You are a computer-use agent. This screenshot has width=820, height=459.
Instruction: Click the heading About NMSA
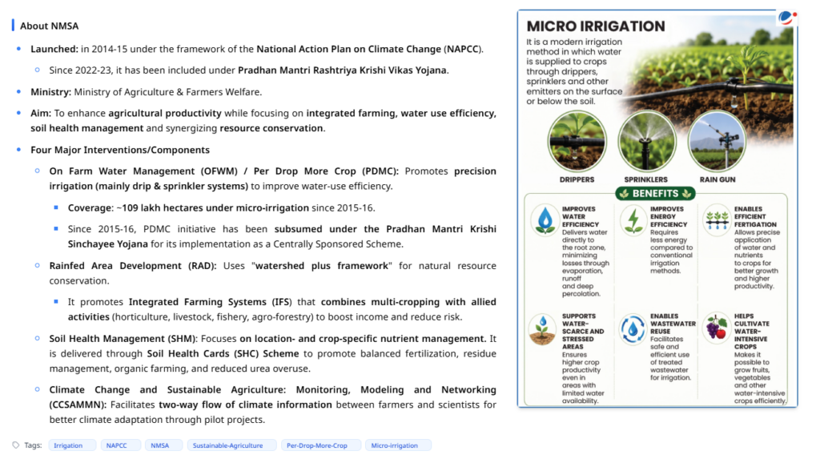pyautogui.click(x=49, y=26)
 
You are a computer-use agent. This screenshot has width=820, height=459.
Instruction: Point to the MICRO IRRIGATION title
pyautogui.click(x=596, y=26)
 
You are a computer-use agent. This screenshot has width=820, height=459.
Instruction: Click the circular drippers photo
pyautogui.click(x=577, y=141)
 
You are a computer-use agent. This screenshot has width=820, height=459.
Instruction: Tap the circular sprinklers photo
pyautogui.click(x=646, y=141)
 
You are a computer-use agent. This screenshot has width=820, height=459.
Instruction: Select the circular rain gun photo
pyautogui.click(x=717, y=141)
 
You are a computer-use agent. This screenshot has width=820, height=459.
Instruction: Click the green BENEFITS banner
pyautogui.click(x=655, y=194)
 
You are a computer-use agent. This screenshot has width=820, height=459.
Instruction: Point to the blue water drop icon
pyautogui.click(x=545, y=219)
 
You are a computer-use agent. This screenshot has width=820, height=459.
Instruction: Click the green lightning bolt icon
pyautogui.click(x=633, y=219)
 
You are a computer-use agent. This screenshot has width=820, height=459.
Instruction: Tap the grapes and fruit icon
pyautogui.click(x=716, y=328)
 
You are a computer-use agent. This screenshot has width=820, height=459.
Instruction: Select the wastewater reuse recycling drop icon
pyautogui.click(x=633, y=329)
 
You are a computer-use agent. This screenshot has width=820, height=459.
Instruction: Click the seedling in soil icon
pyautogui.click(x=542, y=329)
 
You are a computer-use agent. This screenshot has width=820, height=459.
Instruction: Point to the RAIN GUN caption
pyautogui.click(x=717, y=179)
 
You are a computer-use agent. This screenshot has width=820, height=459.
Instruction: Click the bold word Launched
pyautogui.click(x=54, y=49)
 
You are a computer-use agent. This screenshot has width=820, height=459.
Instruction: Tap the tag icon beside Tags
pyautogui.click(x=16, y=445)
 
